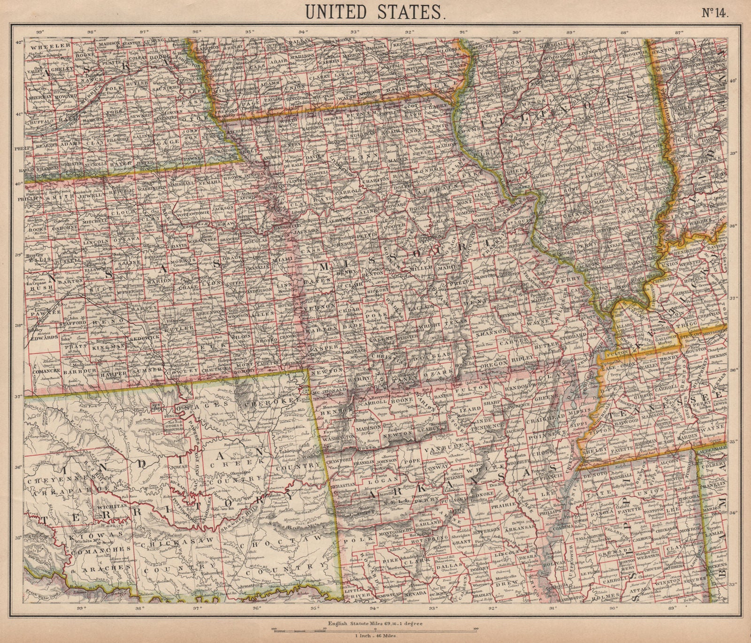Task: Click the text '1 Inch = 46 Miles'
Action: [x=375, y=636]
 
